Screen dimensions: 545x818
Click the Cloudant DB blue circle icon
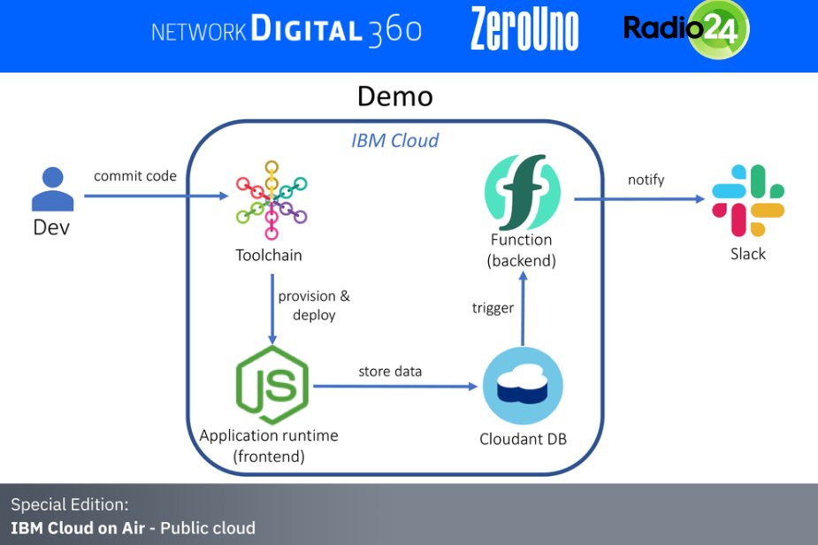[523, 388]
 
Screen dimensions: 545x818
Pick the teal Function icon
[523, 193]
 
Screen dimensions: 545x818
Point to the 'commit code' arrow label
[135, 176]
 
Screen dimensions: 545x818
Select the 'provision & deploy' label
[307, 305]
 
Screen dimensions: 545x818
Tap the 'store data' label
[390, 371]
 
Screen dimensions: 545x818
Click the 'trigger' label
[493, 308]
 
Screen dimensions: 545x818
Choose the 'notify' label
[646, 180]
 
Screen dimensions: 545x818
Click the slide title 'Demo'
[395, 96]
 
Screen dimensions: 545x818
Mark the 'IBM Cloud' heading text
[394, 140]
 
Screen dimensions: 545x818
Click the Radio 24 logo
[686, 29]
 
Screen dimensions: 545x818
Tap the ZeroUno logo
[524, 29]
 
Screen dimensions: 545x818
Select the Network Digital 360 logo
[287, 31]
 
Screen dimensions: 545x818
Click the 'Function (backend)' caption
[522, 250]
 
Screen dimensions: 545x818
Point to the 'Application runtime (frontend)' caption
[269, 446]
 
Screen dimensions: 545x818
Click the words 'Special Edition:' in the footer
[70, 505]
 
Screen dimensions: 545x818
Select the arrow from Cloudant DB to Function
[524, 310]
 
